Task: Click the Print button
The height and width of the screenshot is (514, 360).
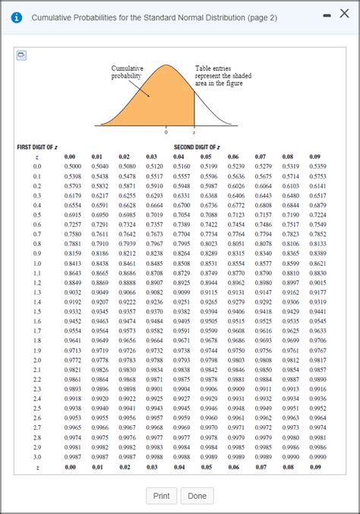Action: point(161,496)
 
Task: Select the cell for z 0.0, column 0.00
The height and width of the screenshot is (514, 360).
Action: point(73,166)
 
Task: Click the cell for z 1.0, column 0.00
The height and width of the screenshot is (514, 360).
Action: point(73,263)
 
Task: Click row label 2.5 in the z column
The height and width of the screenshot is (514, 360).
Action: point(37,408)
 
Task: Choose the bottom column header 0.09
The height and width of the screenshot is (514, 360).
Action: point(315,468)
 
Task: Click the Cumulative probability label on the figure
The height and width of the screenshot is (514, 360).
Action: point(126,72)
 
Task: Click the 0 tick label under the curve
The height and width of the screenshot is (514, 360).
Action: point(167,131)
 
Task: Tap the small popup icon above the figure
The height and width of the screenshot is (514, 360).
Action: point(21,55)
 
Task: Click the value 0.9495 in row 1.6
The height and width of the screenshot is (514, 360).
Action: point(182,321)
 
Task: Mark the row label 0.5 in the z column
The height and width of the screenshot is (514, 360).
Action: point(37,214)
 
